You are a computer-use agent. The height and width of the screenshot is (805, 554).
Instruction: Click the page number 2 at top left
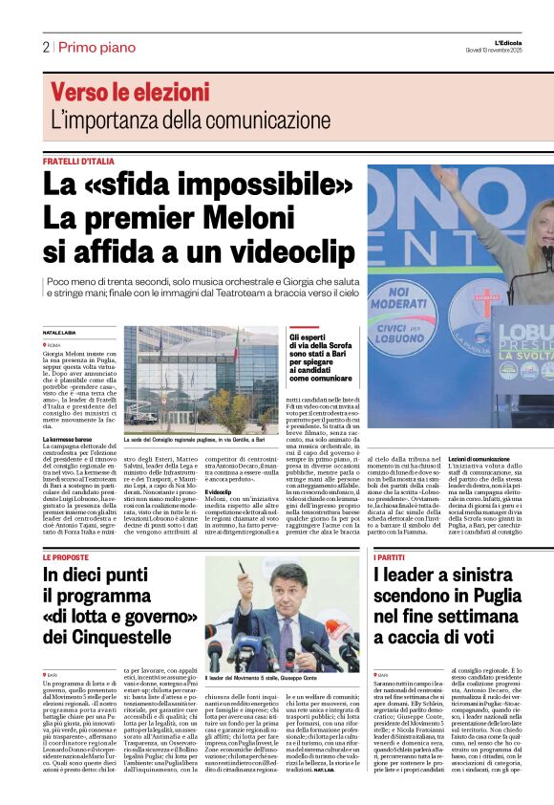[x=45, y=46]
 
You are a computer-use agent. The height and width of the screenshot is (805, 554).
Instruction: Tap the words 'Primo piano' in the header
[x=98, y=46]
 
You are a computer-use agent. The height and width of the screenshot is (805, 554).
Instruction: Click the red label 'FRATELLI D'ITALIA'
[x=78, y=162]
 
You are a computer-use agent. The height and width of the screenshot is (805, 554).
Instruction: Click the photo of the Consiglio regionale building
[x=202, y=381]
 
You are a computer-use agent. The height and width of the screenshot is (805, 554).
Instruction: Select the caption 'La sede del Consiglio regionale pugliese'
[x=194, y=441]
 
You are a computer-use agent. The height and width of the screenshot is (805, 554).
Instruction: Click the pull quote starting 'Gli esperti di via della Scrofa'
[x=324, y=359]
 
